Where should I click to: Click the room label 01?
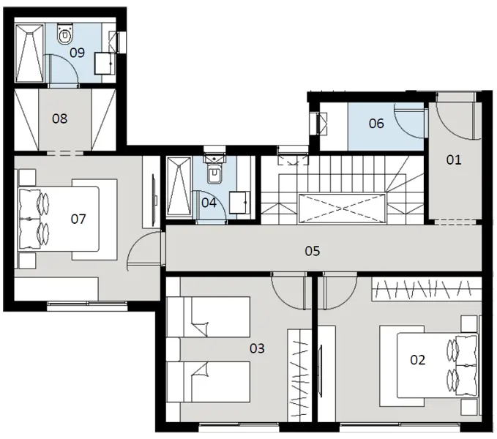tap(454, 159)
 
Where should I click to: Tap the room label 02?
tap(417, 359)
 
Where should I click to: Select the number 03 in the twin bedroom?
tap(256, 348)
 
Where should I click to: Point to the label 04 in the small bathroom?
tap(209, 202)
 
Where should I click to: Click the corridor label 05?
tap(313, 251)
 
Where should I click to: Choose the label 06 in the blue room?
tap(376, 124)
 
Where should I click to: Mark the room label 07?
tap(78, 219)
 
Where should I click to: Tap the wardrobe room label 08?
tap(60, 118)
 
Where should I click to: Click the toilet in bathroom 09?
tap(66, 33)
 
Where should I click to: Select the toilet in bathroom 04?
tap(214, 175)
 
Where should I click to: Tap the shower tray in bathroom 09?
tap(29, 50)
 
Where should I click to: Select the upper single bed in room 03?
tap(209, 315)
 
